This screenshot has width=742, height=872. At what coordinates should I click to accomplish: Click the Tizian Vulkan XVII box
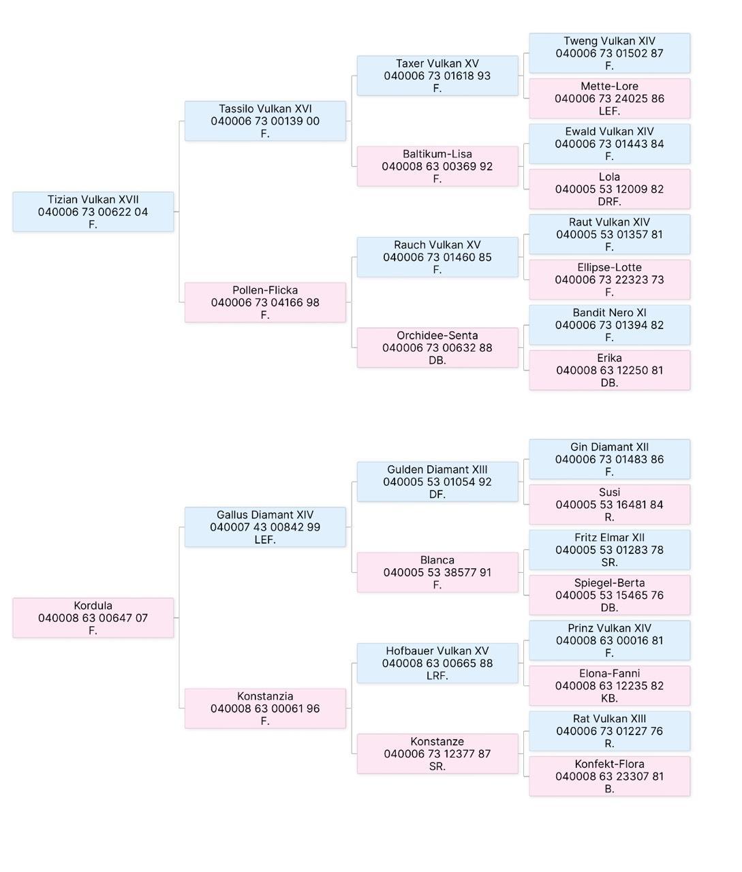click(93, 212)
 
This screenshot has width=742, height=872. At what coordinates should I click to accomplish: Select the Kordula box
click(93, 618)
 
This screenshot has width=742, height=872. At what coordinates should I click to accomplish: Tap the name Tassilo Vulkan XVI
click(265, 108)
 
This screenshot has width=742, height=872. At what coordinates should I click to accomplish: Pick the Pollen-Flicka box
click(265, 302)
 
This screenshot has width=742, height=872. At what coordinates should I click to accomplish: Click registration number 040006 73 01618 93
click(437, 76)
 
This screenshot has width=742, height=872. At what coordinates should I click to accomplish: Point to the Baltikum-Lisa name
click(437, 154)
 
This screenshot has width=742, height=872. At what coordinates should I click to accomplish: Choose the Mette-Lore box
click(610, 98)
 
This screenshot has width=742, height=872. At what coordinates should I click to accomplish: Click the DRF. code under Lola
click(610, 202)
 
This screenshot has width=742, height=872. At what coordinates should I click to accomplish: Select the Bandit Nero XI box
click(610, 325)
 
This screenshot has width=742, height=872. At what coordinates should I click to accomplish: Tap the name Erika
click(610, 358)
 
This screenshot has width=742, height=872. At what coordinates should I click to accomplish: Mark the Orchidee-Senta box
click(437, 347)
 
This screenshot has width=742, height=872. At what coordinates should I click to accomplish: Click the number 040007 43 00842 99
click(265, 527)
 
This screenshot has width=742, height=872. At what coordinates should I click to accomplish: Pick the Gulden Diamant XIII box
click(437, 482)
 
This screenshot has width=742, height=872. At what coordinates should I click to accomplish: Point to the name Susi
click(610, 492)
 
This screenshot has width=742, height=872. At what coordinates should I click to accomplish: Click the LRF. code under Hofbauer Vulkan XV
click(437, 675)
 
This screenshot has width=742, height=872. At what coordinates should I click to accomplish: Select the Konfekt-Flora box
click(610, 776)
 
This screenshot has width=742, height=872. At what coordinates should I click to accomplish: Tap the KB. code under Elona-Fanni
click(610, 698)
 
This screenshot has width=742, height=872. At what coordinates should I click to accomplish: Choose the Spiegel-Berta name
click(610, 582)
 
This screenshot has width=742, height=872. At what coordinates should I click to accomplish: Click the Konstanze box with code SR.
click(437, 753)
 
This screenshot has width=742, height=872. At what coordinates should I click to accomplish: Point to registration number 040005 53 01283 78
click(610, 550)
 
